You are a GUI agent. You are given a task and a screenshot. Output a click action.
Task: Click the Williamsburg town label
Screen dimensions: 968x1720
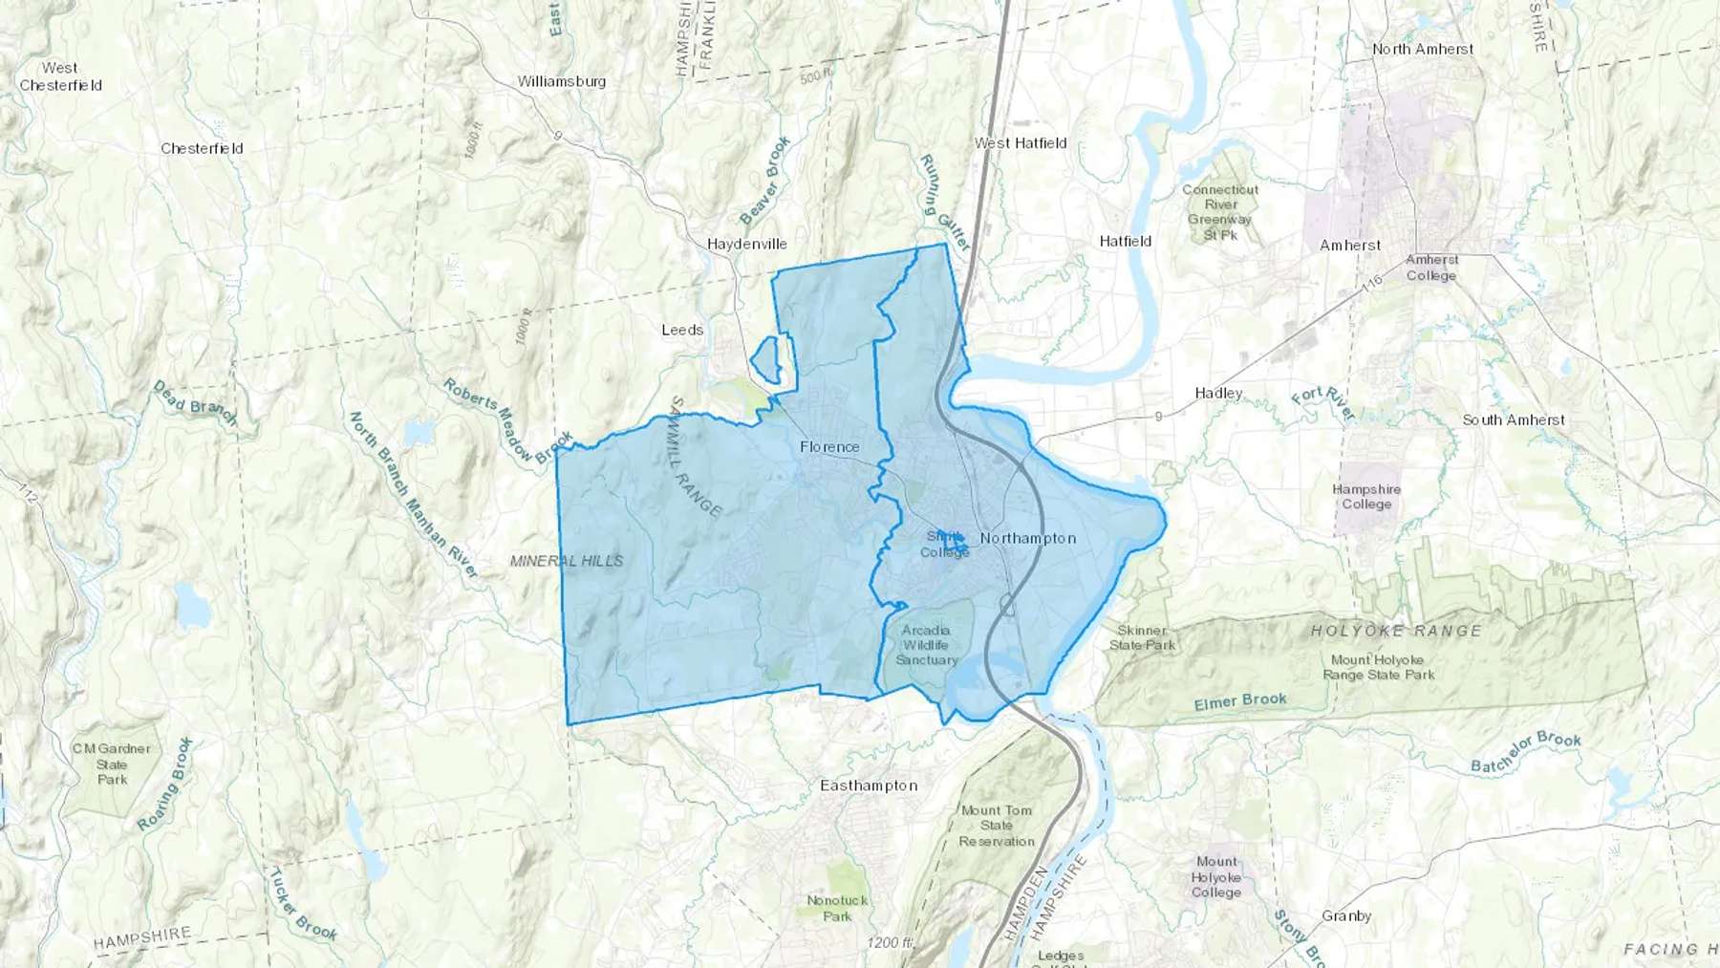[562, 81]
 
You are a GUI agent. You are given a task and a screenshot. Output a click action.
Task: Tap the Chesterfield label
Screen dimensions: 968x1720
[202, 148]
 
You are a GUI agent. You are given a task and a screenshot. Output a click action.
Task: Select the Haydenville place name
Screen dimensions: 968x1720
[747, 244]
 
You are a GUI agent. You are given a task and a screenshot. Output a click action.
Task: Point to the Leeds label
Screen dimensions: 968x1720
[682, 330]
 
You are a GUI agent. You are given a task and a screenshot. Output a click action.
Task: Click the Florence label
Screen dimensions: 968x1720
[829, 446]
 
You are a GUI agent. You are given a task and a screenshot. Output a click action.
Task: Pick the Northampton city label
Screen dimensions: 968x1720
[1028, 538]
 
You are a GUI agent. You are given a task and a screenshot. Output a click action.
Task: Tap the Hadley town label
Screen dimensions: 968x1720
[1218, 393]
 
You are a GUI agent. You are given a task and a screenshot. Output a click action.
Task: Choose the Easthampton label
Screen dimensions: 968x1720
[869, 785]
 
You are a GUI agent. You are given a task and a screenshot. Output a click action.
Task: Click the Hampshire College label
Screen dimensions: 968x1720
[1366, 497]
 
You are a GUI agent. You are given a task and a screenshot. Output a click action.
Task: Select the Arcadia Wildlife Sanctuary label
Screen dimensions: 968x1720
[926, 645]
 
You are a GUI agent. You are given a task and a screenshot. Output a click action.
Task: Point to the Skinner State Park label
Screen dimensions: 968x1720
[1143, 637]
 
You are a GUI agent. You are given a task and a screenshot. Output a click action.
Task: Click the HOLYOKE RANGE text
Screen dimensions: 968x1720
[1396, 631]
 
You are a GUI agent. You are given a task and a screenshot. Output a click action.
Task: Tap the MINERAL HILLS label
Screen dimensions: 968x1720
[567, 561]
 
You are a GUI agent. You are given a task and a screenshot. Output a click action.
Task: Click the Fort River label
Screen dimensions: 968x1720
[1323, 403]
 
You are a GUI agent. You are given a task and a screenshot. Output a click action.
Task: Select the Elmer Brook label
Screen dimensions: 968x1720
[1240, 701]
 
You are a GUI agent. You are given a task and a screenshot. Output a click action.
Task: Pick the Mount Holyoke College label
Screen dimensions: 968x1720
[1216, 876]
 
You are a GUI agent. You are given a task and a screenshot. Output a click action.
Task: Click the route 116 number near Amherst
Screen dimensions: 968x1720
[1372, 284]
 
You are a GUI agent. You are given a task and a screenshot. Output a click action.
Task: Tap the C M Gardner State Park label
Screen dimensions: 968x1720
[112, 764]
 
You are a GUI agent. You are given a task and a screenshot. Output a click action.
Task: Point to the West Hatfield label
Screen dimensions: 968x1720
[1021, 143]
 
